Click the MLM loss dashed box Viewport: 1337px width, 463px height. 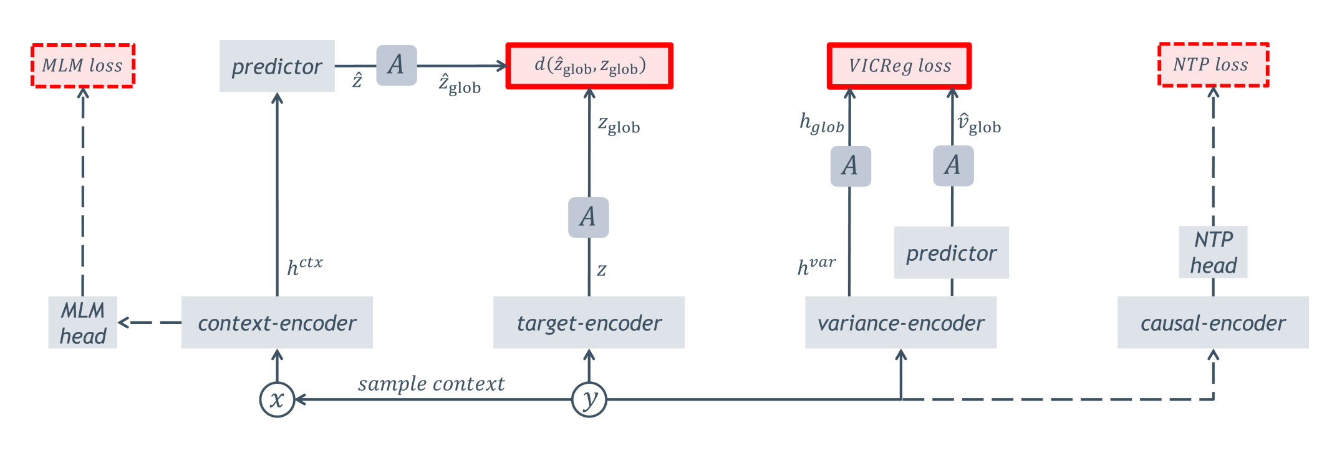click(83, 66)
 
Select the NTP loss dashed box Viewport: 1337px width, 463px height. click(1213, 64)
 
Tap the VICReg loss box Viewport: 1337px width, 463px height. click(899, 66)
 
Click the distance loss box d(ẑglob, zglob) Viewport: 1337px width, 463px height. click(589, 66)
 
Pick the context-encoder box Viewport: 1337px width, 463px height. click(277, 323)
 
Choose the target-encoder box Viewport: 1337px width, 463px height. click(589, 323)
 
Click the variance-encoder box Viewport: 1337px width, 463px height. click(900, 323)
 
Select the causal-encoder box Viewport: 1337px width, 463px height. click(1213, 323)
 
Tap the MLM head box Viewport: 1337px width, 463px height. click(83, 323)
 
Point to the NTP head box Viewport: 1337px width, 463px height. click(1213, 252)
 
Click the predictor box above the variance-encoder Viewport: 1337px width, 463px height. click(952, 253)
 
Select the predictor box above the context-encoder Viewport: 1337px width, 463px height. click(277, 66)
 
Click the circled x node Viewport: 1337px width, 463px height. click(277, 399)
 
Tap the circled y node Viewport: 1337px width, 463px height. click(589, 399)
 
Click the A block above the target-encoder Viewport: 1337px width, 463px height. click(589, 217)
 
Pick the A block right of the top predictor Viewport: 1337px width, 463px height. click(397, 65)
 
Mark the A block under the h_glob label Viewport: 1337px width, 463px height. click(851, 166)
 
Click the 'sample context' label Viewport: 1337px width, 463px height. click(432, 384)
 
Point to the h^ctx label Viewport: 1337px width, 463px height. click(305, 266)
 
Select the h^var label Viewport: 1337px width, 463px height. click(817, 266)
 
